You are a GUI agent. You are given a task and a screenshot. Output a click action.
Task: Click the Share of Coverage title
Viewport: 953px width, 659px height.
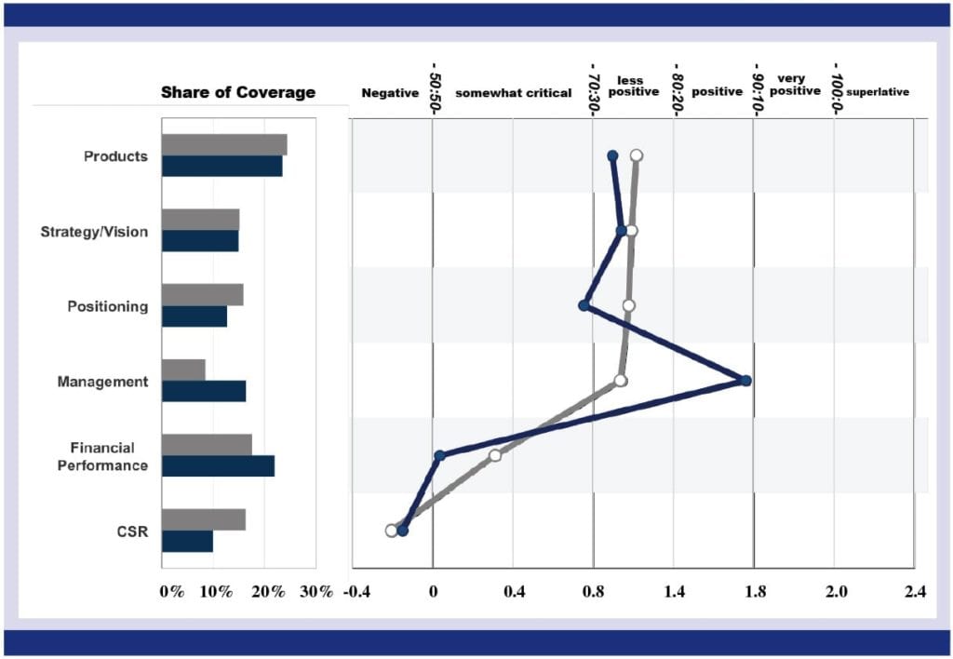238,92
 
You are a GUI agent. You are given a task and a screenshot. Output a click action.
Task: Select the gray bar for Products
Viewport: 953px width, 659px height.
224,144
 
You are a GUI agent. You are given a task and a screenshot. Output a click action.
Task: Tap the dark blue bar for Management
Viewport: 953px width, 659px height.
204,391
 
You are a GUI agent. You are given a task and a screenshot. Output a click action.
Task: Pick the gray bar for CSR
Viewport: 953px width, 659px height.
204,519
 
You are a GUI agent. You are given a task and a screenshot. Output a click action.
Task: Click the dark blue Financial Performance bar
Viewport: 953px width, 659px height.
218,465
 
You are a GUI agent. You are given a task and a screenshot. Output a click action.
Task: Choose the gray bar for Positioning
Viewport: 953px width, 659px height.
202,294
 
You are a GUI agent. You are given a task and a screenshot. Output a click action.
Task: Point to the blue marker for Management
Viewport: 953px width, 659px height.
745,380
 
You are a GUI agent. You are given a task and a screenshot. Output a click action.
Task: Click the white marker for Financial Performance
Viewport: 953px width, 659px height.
495,455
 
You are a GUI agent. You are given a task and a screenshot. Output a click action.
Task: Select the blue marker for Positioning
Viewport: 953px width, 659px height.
584,305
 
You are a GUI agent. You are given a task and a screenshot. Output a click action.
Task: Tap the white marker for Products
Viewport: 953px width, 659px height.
637,155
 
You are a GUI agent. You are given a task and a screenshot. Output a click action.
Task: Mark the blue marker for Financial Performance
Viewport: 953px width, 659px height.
439,455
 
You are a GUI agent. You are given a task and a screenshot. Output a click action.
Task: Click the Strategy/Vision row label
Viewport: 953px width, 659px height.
94,232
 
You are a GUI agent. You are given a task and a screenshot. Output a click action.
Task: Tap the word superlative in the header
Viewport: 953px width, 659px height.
878,93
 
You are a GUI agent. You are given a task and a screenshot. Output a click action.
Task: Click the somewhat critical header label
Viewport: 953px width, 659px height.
513,93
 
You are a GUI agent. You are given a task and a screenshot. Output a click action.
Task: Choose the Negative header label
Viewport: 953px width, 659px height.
390,93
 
